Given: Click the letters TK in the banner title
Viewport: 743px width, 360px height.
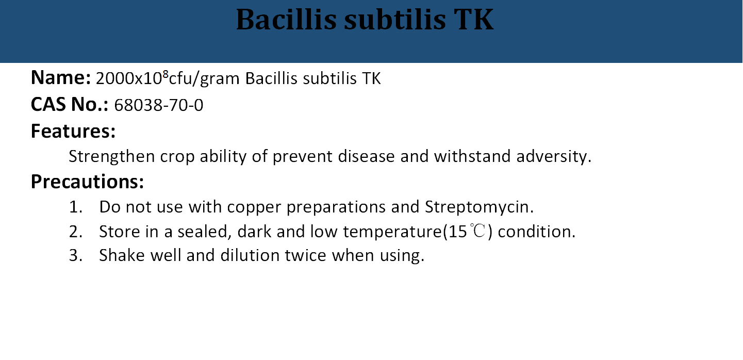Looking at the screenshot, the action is tap(473, 20).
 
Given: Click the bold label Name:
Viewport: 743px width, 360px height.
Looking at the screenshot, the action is tap(61, 78).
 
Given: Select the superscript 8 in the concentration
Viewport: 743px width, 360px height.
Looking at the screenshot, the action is tap(166, 74).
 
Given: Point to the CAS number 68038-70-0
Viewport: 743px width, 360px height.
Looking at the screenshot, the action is tap(158, 105).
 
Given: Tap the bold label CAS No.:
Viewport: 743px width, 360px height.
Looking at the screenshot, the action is tap(69, 105).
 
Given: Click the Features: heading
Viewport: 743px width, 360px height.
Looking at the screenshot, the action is tap(73, 131).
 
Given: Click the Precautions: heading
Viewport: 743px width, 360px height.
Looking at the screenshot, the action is tap(87, 182).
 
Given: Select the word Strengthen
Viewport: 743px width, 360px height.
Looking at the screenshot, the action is tap(112, 156).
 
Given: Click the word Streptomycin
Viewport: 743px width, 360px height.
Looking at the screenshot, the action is tap(479, 207).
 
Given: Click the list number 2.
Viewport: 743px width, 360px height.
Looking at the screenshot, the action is tap(76, 232).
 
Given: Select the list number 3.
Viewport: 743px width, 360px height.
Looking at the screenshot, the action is tap(76, 255).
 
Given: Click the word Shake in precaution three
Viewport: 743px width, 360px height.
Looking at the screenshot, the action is tap(122, 255).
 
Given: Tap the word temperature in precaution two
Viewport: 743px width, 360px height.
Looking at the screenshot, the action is tap(392, 232).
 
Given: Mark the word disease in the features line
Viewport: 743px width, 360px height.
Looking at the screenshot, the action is tap(366, 156).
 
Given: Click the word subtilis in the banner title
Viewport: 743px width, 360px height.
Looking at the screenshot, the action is tap(395, 20).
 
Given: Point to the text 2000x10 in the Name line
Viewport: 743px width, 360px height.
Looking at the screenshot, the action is tap(129, 79).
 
